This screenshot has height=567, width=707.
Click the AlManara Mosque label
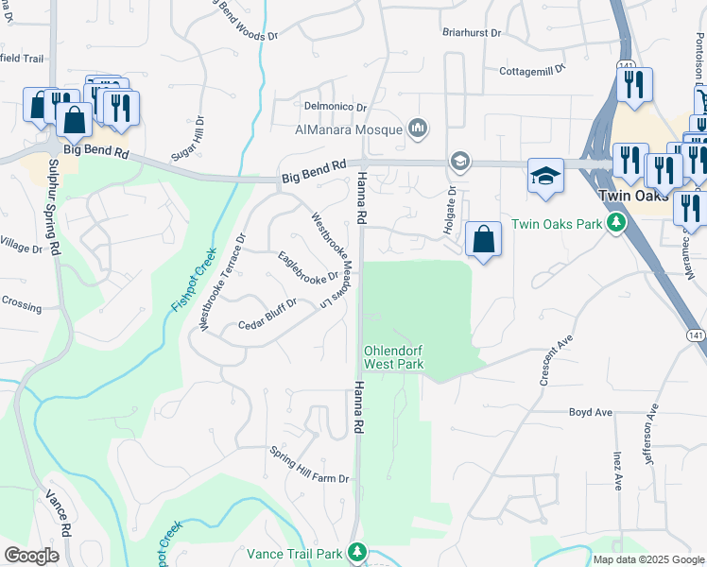click(x=349, y=129)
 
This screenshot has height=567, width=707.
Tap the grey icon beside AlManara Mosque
click(x=419, y=129)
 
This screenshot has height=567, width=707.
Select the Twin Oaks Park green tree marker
click(x=617, y=223)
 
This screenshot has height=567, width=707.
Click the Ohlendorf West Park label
click(x=393, y=357)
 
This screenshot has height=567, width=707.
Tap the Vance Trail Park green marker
click(x=358, y=551)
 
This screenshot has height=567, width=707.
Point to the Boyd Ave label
click(x=591, y=412)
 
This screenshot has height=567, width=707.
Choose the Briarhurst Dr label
click(x=473, y=31)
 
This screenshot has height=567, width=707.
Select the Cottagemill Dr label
click(x=532, y=69)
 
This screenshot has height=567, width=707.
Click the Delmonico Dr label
click(x=335, y=106)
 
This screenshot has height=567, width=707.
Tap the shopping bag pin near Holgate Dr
click(x=483, y=240)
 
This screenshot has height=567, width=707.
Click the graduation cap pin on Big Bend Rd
click(x=545, y=177)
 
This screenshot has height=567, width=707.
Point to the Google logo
click(x=31, y=556)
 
